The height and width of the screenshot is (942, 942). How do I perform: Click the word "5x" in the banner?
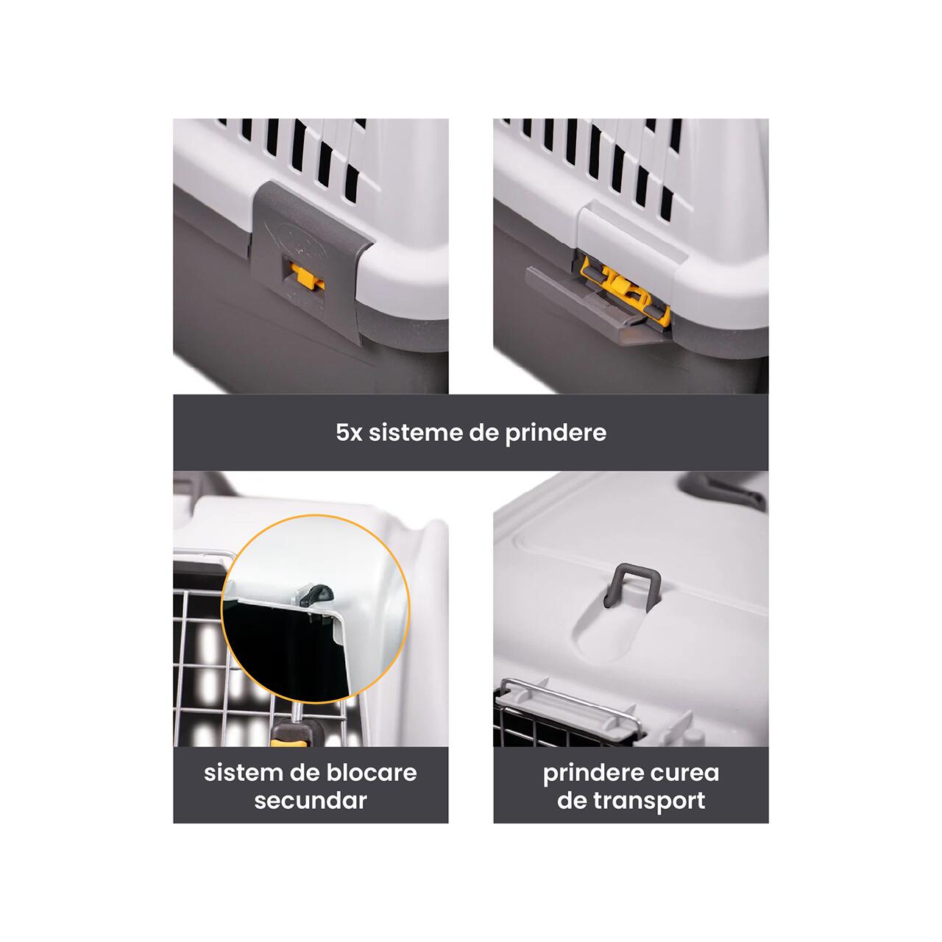point(349,433)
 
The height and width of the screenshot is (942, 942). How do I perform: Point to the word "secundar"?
point(311,800)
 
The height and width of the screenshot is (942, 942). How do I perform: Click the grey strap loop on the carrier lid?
point(633,584)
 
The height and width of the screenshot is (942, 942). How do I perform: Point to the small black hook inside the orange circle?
point(316,595)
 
